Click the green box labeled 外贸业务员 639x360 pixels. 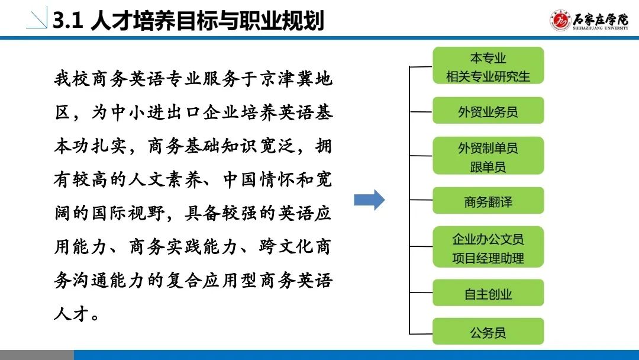coord(488,111)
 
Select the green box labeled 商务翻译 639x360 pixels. coord(488,201)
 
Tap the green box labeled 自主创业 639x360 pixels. coord(488,292)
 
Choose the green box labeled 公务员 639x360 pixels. coord(488,332)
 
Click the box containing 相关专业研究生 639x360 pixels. coord(488,66)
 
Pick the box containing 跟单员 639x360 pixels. coord(488,156)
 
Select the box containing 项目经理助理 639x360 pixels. coord(488,247)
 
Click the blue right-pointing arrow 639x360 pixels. coord(369,200)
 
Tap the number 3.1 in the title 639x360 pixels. coord(68,20)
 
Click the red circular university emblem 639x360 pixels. coord(560,20)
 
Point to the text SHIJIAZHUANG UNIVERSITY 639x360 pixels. coord(601,28)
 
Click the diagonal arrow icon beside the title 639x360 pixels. coord(37,18)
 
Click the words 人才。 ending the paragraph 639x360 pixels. coord(76,314)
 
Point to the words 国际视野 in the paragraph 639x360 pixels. coord(128,213)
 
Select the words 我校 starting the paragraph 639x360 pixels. coord(72,79)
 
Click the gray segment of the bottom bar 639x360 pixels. coord(37,355)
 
